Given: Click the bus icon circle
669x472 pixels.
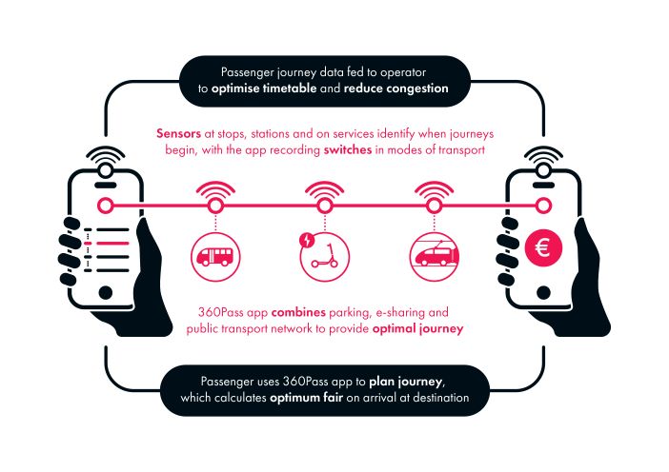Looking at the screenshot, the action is (215, 257).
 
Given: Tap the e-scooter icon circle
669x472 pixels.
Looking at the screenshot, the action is (325, 257).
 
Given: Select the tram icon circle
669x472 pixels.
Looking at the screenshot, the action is (435, 257).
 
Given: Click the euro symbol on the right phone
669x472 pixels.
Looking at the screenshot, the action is (543, 247).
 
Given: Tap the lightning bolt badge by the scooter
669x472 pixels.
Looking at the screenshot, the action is (307, 241).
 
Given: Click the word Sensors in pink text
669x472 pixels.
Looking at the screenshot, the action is (178, 134).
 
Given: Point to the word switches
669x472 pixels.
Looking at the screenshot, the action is (348, 150).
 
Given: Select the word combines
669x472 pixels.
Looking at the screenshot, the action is (298, 312).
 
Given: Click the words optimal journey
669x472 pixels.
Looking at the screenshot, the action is (417, 329).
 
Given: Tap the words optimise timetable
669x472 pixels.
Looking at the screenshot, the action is (264, 88).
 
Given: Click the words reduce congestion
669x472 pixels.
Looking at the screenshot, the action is (395, 88).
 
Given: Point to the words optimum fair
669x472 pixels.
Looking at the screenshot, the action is (306, 398).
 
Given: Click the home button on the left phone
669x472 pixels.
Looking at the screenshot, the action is (106, 293).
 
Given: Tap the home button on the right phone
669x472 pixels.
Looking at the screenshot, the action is (543, 293).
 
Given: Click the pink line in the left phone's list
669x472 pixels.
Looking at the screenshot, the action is (112, 244).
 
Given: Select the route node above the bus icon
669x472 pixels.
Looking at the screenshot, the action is (215, 206).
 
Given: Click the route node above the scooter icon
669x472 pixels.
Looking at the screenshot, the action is (325, 206).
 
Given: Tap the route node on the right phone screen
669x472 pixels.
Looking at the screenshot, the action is (543, 206).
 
